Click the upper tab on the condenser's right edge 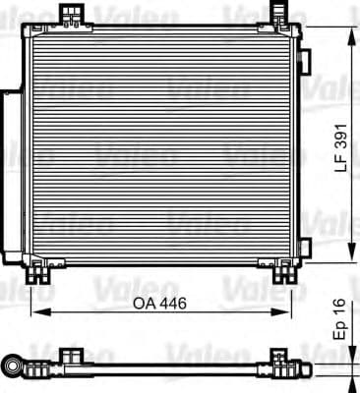click(304, 61)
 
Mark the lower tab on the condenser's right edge click(304, 245)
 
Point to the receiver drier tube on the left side click(10, 177)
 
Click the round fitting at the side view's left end click(15, 366)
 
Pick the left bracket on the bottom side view click(71, 355)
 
